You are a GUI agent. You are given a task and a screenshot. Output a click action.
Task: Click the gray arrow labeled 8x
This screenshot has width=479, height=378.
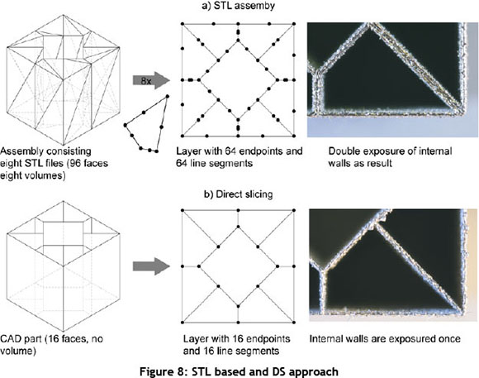[x=151, y=80]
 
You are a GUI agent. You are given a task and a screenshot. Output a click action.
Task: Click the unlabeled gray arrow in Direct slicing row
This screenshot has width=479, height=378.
[x=151, y=266]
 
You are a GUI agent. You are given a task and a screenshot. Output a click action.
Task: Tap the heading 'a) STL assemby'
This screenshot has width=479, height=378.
[x=238, y=6]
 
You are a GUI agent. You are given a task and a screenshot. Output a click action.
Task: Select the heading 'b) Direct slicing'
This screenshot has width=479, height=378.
[x=238, y=194]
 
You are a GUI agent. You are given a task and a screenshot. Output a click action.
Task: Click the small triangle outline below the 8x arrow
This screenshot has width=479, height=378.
[x=147, y=124]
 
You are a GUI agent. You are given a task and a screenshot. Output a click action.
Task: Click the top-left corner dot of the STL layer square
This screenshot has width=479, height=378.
[x=183, y=23]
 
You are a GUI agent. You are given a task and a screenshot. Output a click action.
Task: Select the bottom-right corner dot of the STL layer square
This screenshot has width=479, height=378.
[x=294, y=136]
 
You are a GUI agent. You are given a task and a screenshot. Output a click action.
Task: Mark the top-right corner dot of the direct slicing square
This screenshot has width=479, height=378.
[x=294, y=210]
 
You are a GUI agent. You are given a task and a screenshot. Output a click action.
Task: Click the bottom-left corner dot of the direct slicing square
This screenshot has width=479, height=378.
[x=183, y=323]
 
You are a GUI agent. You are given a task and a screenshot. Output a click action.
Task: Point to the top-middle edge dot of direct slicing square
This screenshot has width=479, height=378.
[x=239, y=210]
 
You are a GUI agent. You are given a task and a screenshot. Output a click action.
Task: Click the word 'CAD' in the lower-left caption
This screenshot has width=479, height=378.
[x=11, y=339]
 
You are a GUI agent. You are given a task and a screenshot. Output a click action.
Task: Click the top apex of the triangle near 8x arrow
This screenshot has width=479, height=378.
[x=168, y=96]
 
